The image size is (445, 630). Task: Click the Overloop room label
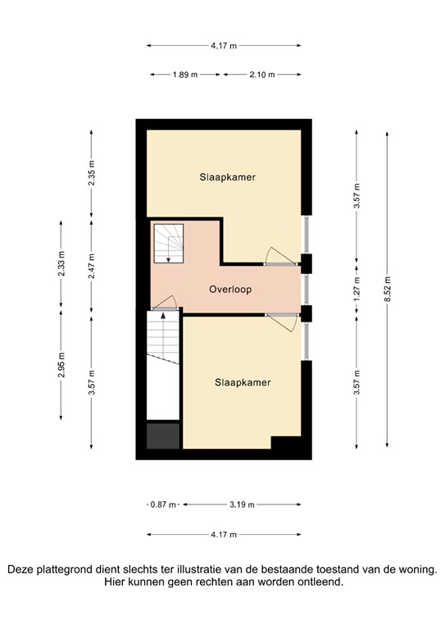click(x=229, y=290)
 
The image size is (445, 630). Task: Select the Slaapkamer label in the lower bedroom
click(x=243, y=382)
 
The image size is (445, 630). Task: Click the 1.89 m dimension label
click(x=184, y=75)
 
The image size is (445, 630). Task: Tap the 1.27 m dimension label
click(x=356, y=289)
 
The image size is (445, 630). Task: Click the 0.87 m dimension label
click(x=163, y=504)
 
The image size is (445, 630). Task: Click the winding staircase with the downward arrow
click(x=168, y=244)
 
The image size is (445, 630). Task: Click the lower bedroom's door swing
click(x=283, y=322)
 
